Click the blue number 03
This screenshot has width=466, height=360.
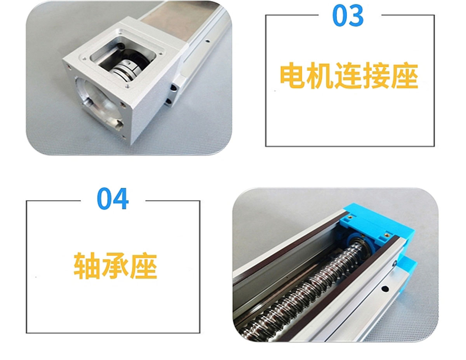click(348, 16)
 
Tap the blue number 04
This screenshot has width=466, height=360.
click(113, 198)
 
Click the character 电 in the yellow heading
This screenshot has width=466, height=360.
click(292, 75)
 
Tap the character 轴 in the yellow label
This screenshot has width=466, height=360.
click(87, 266)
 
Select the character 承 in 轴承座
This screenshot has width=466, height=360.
click(115, 266)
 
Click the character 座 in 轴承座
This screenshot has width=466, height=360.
click(144, 266)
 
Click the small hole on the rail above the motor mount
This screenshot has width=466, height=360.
click(207, 41)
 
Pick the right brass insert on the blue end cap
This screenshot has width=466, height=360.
click(387, 234)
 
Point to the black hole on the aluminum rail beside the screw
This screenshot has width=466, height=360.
click(385, 289)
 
